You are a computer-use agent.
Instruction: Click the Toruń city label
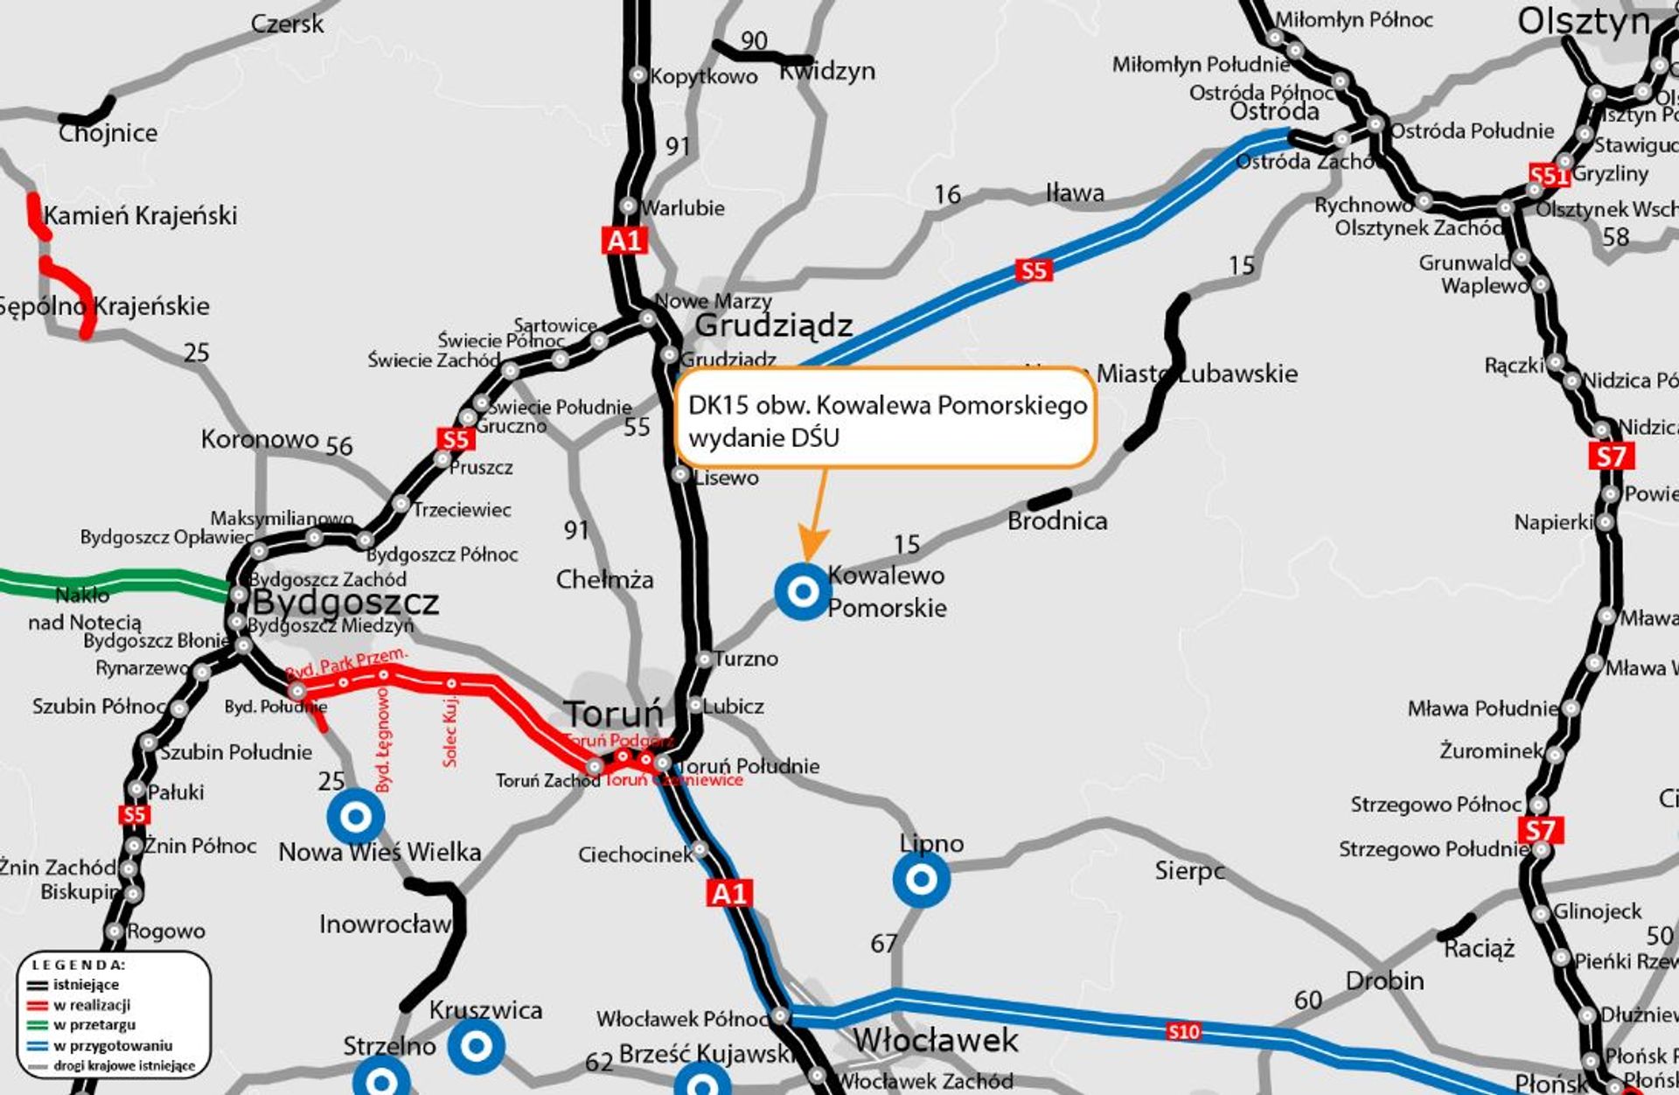click(612, 715)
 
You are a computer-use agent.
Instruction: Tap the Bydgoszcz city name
click(345, 603)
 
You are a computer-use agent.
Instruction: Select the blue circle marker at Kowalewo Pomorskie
click(802, 592)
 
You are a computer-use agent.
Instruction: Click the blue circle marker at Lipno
click(921, 879)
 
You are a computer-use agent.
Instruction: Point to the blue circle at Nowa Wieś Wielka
click(355, 816)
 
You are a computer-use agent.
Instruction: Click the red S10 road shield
click(1183, 1032)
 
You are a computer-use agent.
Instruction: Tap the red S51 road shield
click(1549, 175)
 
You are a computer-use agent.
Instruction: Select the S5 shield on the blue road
click(1033, 270)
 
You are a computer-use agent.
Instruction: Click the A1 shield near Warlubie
click(624, 240)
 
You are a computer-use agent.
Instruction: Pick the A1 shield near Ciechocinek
click(728, 893)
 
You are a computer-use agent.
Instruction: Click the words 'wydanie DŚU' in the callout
click(763, 437)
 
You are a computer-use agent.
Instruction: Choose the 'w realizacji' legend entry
click(92, 1005)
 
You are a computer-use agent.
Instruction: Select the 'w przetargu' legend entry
click(94, 1025)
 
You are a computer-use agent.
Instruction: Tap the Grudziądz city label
click(773, 326)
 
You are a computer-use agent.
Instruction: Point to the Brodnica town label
click(1057, 521)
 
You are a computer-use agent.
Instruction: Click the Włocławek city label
click(935, 1041)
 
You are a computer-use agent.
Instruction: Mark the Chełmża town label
click(604, 579)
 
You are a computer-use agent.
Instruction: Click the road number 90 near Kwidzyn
click(754, 40)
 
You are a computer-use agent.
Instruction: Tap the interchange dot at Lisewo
click(680, 474)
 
